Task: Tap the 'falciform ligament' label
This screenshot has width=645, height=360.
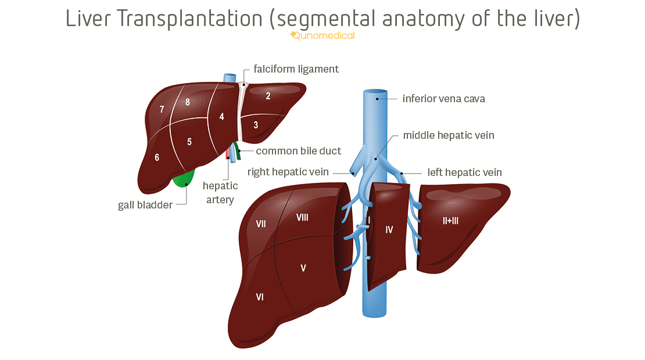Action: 296,69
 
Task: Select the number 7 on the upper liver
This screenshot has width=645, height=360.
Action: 162,110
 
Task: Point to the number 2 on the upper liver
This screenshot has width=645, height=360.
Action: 268,96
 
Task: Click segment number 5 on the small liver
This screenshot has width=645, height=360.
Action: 189,142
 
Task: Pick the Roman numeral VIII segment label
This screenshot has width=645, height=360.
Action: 302,217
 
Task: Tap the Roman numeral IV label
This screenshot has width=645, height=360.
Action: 389,230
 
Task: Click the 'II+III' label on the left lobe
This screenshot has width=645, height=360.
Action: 450,221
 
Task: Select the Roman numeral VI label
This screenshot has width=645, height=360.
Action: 260,297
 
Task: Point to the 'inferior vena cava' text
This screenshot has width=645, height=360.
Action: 443,99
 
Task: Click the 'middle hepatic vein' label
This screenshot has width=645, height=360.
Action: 449,135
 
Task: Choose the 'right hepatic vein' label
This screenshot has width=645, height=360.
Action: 288,172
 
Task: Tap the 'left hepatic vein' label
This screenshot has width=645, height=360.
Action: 464,172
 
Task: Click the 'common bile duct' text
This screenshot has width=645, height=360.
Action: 298,151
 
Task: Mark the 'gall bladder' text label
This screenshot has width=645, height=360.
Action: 145,205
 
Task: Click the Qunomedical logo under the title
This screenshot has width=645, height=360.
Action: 322,36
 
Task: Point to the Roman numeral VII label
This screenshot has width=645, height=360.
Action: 261,224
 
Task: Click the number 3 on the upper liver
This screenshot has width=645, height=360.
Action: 256,124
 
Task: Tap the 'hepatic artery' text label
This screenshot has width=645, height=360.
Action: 220,193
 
